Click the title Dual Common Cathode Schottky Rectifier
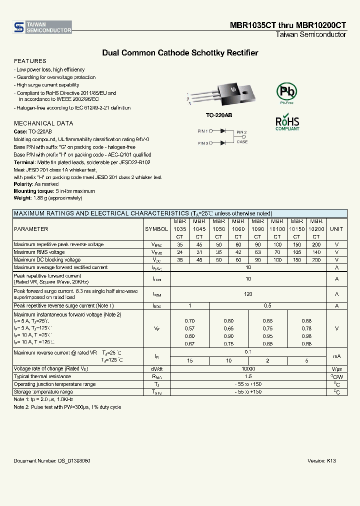[x=180, y=52]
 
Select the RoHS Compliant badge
[x=287, y=123]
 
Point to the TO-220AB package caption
[x=219, y=115]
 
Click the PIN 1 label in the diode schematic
[x=202, y=131]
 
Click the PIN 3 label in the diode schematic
[x=202, y=143]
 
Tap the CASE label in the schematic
[x=242, y=142]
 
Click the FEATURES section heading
[x=30, y=61]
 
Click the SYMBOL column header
[x=156, y=229]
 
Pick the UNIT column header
[x=337, y=229]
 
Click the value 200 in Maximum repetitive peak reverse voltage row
[x=316, y=244]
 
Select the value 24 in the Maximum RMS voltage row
[x=180, y=252]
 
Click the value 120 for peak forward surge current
[x=248, y=294]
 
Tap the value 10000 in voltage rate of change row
[x=248, y=368]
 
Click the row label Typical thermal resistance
[x=42, y=376]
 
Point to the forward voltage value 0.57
[x=190, y=328]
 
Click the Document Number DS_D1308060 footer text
[x=52, y=460]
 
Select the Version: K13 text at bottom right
[x=321, y=460]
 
